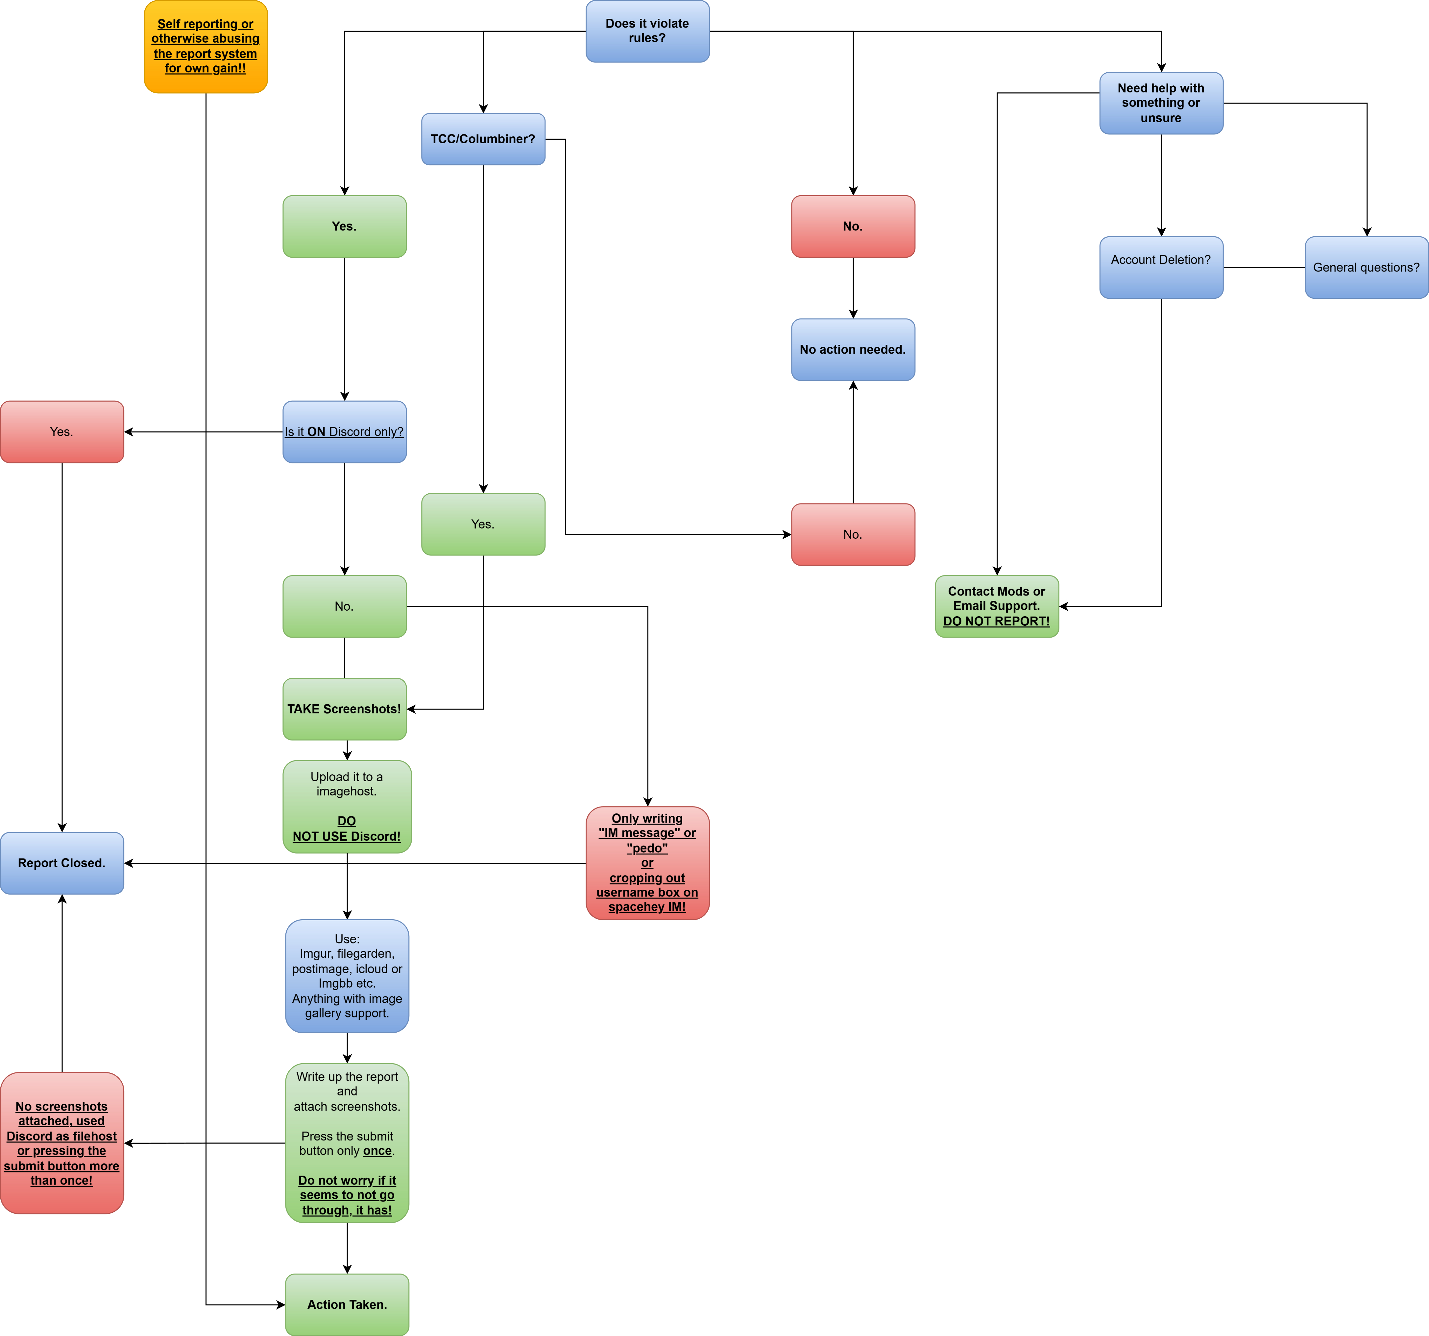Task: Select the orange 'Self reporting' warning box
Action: [206, 47]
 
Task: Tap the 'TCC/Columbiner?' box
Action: [483, 139]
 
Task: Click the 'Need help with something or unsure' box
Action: [1161, 103]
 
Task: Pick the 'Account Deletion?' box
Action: [1161, 267]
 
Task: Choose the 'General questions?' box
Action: [1367, 267]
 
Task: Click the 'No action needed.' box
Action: [853, 349]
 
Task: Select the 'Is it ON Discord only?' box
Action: [344, 432]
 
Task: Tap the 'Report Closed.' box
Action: [62, 863]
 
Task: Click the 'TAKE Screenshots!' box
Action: [344, 709]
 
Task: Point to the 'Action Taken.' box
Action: [347, 1304]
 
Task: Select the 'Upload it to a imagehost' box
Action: [347, 806]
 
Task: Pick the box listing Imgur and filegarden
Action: [347, 976]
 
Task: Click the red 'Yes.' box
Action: [62, 432]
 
